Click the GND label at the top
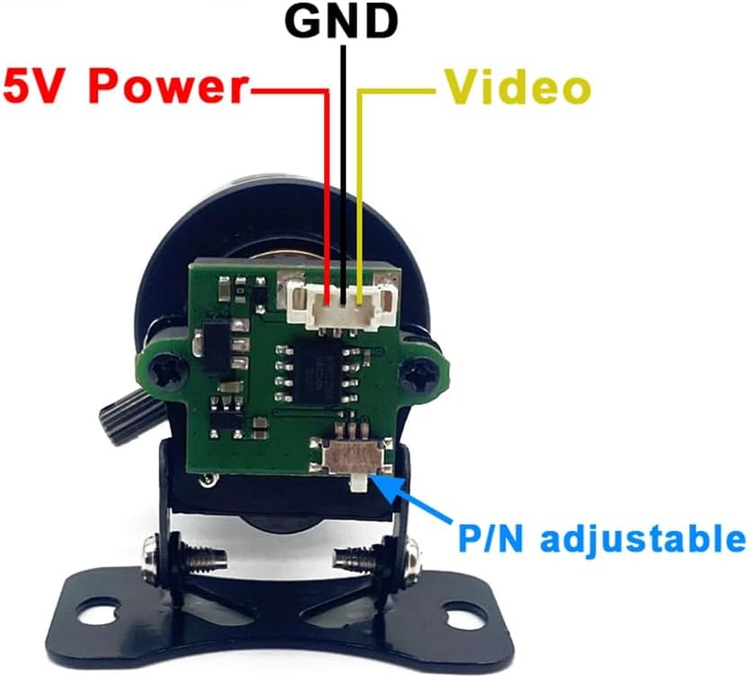[341, 22]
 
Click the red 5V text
[45, 86]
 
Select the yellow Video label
[518, 87]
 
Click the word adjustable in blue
[643, 540]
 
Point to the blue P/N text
[490, 538]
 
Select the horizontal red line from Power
[289, 91]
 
